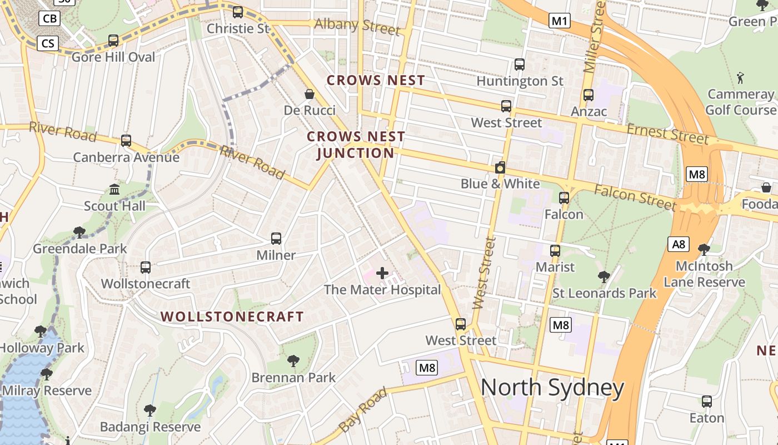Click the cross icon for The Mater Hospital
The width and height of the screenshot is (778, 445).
coord(382,273)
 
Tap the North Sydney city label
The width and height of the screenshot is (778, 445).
coord(552,388)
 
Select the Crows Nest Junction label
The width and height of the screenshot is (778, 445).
coord(356,145)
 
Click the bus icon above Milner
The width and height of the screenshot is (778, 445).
coord(276,239)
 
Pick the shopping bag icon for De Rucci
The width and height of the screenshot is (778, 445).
coord(309,94)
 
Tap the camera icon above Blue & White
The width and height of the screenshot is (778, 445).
coord(500,167)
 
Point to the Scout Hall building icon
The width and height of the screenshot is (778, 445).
coord(114,190)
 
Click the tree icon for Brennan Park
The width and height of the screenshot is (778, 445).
coord(293,361)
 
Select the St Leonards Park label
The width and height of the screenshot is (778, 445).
coord(605,293)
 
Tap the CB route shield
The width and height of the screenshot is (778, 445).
coord(49,18)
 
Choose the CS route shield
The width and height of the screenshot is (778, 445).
coord(48,43)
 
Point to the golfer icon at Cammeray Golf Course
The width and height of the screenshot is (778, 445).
coord(740,77)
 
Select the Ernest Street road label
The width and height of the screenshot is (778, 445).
coord(668,134)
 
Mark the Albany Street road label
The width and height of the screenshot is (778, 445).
coord(357,25)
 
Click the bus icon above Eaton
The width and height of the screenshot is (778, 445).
coord(706,401)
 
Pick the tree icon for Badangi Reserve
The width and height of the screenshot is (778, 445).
coord(149,411)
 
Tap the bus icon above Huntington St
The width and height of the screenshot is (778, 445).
coord(520,65)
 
